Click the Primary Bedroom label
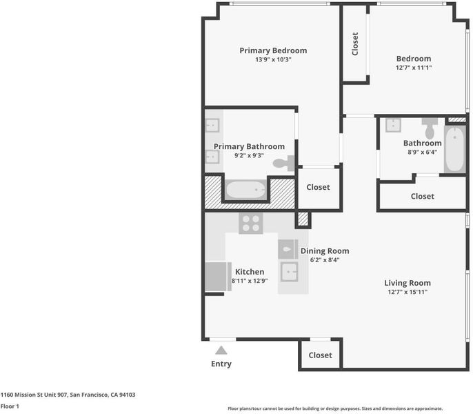273,50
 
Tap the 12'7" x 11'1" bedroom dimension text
414,68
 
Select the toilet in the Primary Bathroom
283,164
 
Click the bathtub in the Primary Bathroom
246,190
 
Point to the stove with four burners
251,224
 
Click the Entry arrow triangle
221,350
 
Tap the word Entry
221,364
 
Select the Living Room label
407,283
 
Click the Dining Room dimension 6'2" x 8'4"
325,259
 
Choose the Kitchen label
250,272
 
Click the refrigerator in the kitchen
218,277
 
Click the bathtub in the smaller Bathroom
454,149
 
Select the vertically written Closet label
355,43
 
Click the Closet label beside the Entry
320,355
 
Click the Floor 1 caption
10,406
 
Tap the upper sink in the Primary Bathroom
212,126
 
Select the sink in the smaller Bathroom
393,125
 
